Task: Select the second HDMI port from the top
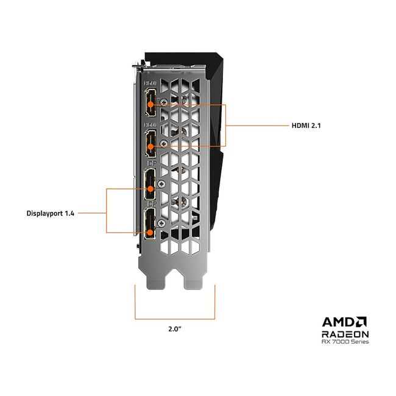tap(149, 144)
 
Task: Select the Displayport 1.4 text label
tap(51, 213)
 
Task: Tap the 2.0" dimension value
tap(175, 329)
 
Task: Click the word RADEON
tap(345, 334)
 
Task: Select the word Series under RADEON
tap(359, 342)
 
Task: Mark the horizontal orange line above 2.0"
tap(175, 319)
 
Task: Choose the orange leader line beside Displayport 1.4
tap(92, 213)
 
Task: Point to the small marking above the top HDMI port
tap(149, 82)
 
